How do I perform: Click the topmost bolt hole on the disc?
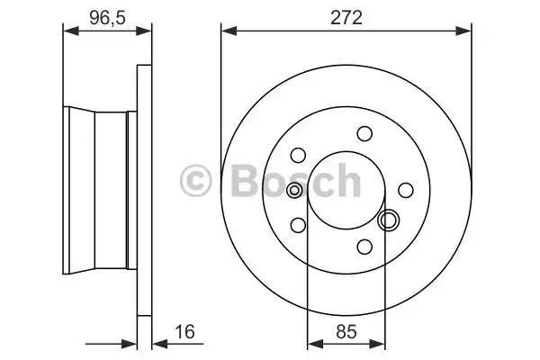[x=364, y=134]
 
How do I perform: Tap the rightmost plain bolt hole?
[x=406, y=190]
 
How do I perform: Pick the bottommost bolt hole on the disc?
[x=364, y=247]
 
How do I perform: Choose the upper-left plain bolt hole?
[x=299, y=155]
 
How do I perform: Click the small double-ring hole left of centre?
[x=294, y=190]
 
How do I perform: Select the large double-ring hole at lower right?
[x=390, y=220]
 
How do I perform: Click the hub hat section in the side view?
[x=99, y=190]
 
